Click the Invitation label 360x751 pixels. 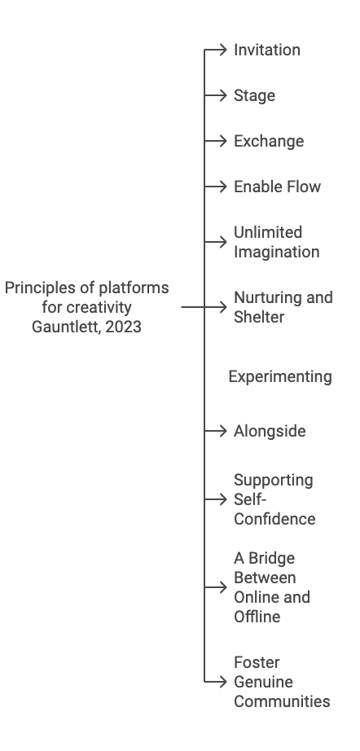(266, 50)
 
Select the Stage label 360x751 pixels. (254, 96)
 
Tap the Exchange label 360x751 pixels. (269, 141)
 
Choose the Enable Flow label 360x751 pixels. (277, 187)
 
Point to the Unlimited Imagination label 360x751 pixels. (276, 243)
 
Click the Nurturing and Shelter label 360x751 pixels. (283, 307)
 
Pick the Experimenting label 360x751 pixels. (280, 377)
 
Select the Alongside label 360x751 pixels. (270, 431)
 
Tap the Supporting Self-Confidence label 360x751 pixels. (274, 499)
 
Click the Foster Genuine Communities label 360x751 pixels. (282, 682)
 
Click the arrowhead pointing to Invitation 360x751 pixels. (222, 50)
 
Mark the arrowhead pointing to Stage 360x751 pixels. (222, 96)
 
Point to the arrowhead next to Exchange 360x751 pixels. (222, 141)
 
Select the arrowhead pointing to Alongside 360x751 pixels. (222, 431)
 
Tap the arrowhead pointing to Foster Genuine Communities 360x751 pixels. (222, 682)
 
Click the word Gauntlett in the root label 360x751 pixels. (67, 327)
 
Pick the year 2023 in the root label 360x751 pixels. (124, 327)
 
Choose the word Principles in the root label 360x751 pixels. (40, 288)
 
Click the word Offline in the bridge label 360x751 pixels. (257, 617)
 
